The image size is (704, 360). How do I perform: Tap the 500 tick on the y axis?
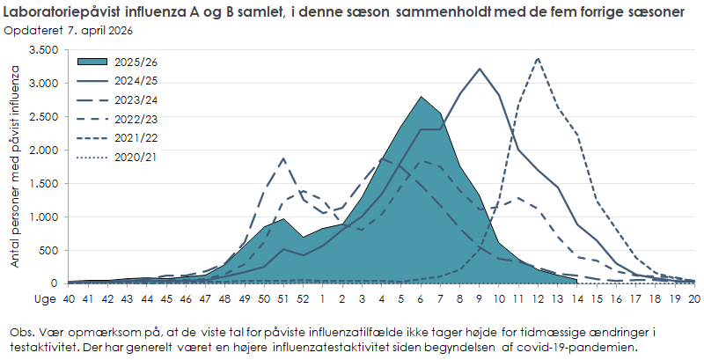[x=49, y=251]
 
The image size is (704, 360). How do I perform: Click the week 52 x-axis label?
[x=303, y=298]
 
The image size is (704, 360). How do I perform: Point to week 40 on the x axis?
[x=69, y=298]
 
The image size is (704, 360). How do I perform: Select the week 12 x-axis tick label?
[x=538, y=298]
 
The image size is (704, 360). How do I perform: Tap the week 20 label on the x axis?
[x=694, y=298]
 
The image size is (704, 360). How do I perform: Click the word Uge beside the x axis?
[x=43, y=298]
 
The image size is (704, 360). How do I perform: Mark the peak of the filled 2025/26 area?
[x=421, y=97]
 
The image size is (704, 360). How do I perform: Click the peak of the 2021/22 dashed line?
[x=538, y=58]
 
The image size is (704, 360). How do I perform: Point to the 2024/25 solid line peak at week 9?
[x=480, y=69]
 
